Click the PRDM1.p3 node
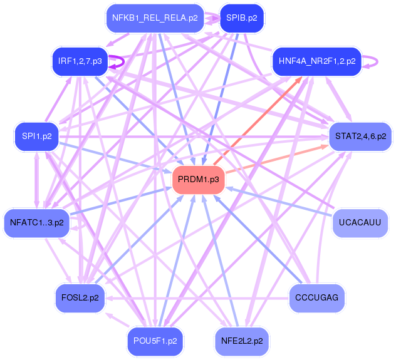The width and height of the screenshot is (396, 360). [198, 179]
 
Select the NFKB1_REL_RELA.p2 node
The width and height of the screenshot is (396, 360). [155, 18]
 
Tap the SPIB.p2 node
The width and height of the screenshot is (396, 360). [242, 18]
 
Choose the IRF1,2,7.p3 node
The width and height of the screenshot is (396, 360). [80, 61]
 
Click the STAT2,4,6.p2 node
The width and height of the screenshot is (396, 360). [360, 136]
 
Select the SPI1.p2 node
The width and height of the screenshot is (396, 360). [36, 136]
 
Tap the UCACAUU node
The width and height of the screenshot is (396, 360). [360, 223]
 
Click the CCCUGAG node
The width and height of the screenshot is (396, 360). [316, 298]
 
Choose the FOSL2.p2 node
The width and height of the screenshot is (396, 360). [80, 298]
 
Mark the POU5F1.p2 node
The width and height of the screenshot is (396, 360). [155, 341]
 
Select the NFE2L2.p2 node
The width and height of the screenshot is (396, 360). [242, 341]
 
